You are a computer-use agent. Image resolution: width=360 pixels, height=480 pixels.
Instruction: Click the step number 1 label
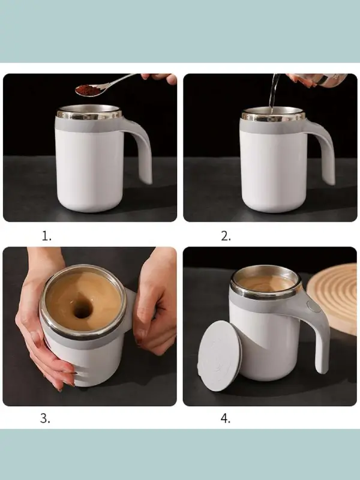(47, 236)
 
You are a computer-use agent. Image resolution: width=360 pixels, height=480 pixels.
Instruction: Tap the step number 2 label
(226, 236)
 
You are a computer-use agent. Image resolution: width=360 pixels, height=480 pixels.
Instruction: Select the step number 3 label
(45, 418)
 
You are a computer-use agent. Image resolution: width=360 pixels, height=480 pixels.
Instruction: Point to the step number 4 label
(226, 418)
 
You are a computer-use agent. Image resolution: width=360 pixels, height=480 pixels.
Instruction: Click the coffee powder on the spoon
(87, 89)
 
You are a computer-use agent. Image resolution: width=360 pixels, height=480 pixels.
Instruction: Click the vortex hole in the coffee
(82, 308)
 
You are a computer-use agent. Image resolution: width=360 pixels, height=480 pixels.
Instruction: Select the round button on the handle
(313, 306)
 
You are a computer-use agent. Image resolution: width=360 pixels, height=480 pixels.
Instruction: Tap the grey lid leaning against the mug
(220, 355)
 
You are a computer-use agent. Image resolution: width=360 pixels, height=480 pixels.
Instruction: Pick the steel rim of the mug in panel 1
(89, 113)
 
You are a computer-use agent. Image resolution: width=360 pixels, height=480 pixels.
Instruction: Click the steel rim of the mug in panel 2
(274, 114)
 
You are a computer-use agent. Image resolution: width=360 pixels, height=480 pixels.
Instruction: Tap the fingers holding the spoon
(161, 78)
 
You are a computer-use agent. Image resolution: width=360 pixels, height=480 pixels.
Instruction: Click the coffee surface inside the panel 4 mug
(265, 283)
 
